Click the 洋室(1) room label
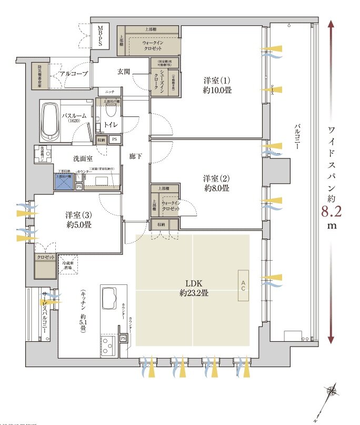pyautogui.click(x=218, y=85)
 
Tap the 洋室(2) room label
pyautogui.click(x=218, y=182)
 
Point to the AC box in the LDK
pyautogui.click(x=244, y=286)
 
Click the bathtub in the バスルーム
pyautogui.click(x=50, y=120)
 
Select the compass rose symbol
pyautogui.click(x=331, y=391)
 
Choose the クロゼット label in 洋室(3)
pyautogui.click(x=45, y=257)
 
